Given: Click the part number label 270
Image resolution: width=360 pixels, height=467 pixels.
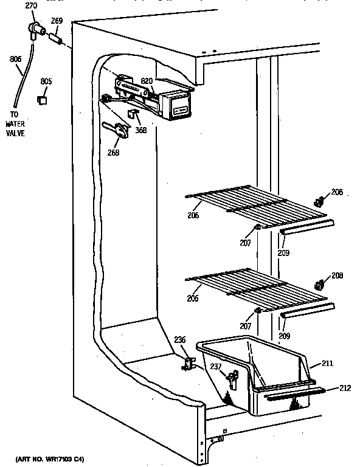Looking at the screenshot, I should tap(31, 6).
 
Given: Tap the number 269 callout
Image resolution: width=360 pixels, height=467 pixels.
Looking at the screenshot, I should tap(57, 20).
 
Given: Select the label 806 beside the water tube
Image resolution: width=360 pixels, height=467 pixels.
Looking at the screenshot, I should tap(15, 59).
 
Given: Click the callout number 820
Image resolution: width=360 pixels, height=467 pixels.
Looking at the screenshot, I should tap(147, 80).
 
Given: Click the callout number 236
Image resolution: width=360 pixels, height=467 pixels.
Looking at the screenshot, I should tap(181, 340).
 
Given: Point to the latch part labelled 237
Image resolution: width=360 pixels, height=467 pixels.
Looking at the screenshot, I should tap(231, 381).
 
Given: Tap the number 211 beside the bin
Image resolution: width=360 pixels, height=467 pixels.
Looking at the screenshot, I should tap(327, 364).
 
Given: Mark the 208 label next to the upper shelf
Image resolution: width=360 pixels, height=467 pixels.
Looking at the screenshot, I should tap(336, 192).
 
